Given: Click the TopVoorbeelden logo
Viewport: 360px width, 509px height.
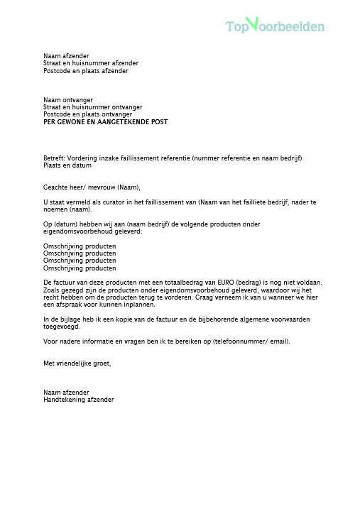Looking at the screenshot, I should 275,26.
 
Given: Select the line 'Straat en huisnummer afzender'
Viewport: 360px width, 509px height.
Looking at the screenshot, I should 91,63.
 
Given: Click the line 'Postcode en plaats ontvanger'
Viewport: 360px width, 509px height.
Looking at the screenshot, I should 87,114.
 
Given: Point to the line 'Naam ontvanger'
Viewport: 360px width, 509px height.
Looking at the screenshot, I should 68,100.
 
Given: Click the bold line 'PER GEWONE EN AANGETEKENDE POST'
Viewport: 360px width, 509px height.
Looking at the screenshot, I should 106,122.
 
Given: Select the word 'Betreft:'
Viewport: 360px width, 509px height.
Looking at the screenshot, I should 54,158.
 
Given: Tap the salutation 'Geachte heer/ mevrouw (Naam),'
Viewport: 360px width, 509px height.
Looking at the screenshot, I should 92,187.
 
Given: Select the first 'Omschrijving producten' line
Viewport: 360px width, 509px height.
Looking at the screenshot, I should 80,246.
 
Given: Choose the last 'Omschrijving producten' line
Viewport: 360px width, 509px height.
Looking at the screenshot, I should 80,268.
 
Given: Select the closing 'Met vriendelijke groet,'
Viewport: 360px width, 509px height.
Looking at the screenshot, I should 77,363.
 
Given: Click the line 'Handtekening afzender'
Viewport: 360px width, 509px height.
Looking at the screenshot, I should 79,400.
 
